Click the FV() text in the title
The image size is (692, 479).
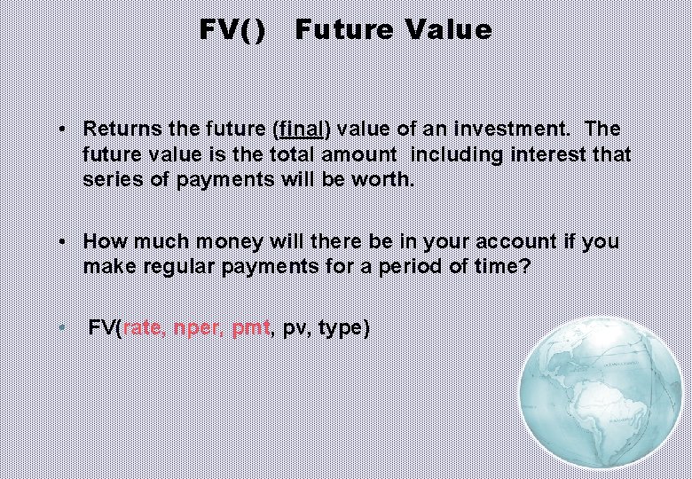tap(232, 30)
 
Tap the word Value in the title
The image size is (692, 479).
tap(448, 30)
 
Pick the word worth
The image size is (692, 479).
tap(384, 179)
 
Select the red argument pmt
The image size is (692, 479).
tap(251, 328)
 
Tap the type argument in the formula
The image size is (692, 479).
tap(339, 328)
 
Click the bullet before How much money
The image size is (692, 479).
tap(64, 241)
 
